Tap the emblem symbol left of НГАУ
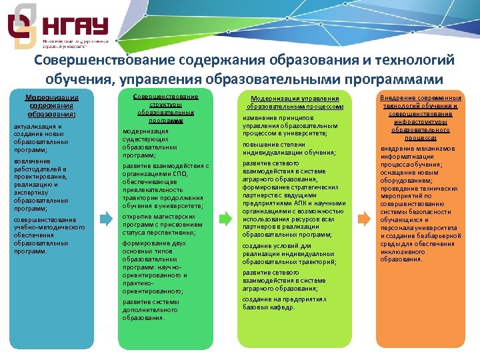pos(21,25)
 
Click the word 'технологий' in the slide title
pos(413,61)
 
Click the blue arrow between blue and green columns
pos(107,219)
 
